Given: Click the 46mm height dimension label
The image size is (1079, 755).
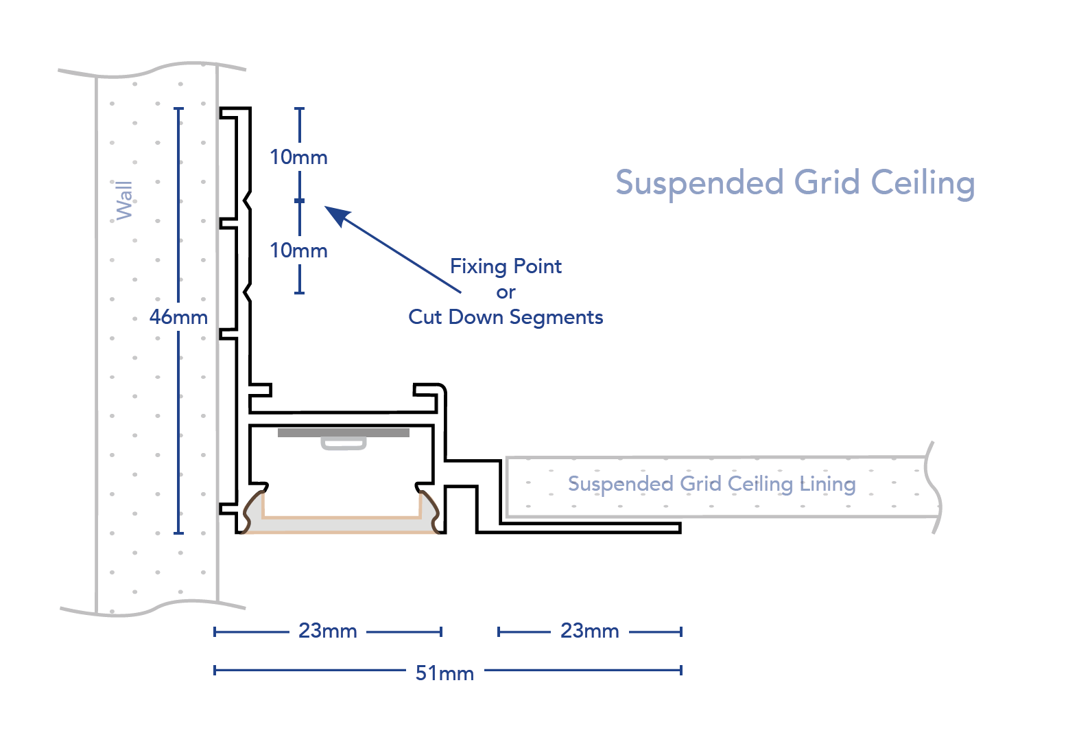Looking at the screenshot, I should (x=178, y=317).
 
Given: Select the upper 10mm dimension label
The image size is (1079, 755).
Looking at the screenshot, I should (x=298, y=157).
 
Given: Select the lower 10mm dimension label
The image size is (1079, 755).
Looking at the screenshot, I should (x=298, y=251).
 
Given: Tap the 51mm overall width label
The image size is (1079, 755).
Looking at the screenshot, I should (x=444, y=673).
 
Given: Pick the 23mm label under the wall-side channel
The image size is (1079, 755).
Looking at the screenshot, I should (x=328, y=631).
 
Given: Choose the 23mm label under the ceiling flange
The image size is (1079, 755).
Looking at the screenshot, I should (x=589, y=631).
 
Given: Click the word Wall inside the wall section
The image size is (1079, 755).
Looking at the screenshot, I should (x=124, y=200).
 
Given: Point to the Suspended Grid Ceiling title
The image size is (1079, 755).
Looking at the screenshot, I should (x=794, y=183).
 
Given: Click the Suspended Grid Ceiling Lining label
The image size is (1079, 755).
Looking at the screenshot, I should (x=711, y=484).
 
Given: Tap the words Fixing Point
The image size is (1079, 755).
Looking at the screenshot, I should (x=506, y=266).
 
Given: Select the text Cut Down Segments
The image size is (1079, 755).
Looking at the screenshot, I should (x=506, y=317).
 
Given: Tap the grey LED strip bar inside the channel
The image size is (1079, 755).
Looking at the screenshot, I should (x=343, y=433).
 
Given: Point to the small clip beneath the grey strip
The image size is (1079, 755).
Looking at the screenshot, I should (x=344, y=443).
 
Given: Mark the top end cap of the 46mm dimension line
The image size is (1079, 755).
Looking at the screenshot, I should (x=179, y=108).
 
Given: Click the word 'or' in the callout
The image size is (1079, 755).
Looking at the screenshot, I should (x=506, y=292).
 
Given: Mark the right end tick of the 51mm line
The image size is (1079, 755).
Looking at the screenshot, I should (x=681, y=670).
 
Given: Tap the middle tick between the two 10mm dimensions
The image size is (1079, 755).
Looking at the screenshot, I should (x=299, y=200).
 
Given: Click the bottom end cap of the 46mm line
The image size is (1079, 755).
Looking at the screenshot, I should (x=179, y=533).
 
